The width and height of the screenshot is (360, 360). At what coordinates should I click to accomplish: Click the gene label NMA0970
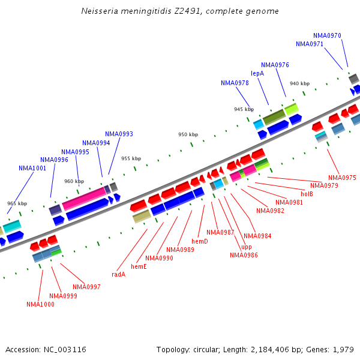click(327, 35)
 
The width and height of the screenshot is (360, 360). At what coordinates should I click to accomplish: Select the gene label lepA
click(257, 73)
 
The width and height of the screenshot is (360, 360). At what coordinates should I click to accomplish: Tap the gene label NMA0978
click(235, 83)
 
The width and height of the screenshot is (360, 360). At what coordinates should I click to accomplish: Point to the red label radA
click(118, 274)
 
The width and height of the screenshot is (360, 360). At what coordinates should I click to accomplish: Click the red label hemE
click(139, 266)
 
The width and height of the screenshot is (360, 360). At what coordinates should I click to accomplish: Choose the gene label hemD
click(200, 241)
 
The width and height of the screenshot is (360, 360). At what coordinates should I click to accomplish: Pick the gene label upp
click(247, 247)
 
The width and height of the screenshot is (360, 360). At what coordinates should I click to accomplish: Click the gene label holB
click(307, 194)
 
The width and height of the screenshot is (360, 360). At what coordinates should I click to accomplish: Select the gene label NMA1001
click(32, 168)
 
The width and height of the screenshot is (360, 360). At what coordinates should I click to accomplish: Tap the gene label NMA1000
click(40, 304)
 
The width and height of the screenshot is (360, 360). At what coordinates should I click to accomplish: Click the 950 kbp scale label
click(188, 134)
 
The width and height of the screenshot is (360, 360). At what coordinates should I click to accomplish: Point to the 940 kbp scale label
click(299, 83)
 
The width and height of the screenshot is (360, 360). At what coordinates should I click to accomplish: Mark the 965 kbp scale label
click(17, 203)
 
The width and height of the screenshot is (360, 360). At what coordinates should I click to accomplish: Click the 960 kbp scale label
click(74, 181)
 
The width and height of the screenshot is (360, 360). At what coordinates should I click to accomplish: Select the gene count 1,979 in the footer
click(343, 349)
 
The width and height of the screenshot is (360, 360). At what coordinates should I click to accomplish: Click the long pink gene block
click(83, 197)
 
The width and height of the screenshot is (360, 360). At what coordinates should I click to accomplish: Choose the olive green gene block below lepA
click(274, 116)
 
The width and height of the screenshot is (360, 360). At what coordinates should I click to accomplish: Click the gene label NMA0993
click(119, 134)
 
